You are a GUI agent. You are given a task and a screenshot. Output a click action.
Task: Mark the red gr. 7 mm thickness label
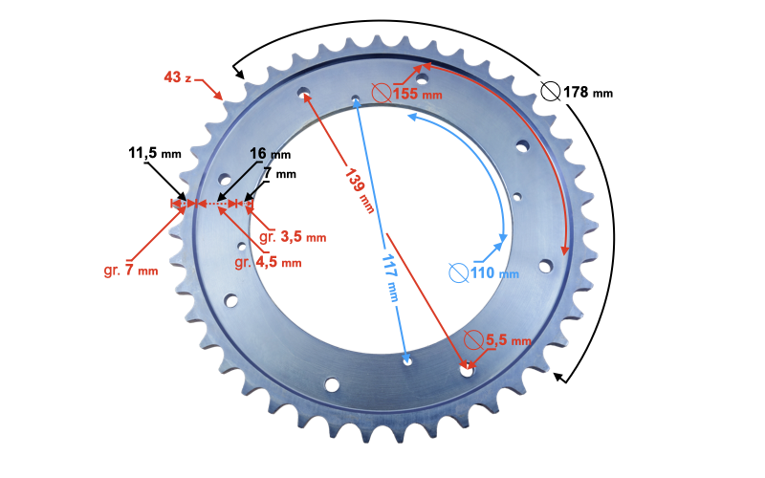point(130,271)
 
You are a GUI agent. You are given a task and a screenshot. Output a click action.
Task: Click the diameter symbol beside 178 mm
point(551,92)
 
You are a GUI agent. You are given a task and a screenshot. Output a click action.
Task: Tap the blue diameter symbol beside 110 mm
point(458,273)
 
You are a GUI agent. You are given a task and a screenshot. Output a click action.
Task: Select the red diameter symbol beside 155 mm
point(381,93)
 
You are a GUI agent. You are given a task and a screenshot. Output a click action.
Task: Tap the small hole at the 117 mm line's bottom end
point(408,362)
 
